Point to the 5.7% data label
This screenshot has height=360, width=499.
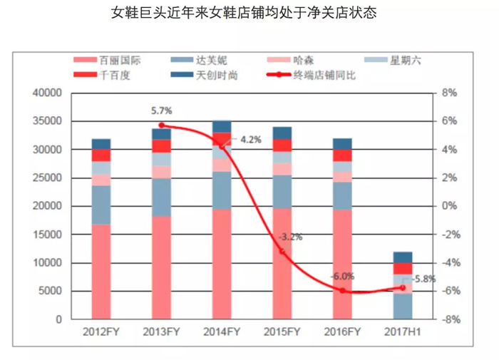[x=162, y=111]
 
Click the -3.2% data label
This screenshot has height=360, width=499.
[x=288, y=236]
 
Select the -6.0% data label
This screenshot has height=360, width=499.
[x=343, y=276]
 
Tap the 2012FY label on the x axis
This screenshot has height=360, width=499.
[x=101, y=333]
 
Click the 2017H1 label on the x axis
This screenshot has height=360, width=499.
[x=403, y=333]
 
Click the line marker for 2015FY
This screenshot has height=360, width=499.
[x=282, y=252]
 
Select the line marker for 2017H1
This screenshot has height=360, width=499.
[x=403, y=288]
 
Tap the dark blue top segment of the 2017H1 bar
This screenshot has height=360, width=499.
[x=403, y=257]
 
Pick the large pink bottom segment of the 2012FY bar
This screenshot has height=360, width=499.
[x=101, y=272]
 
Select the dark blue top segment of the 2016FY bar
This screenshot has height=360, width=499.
[x=343, y=143]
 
